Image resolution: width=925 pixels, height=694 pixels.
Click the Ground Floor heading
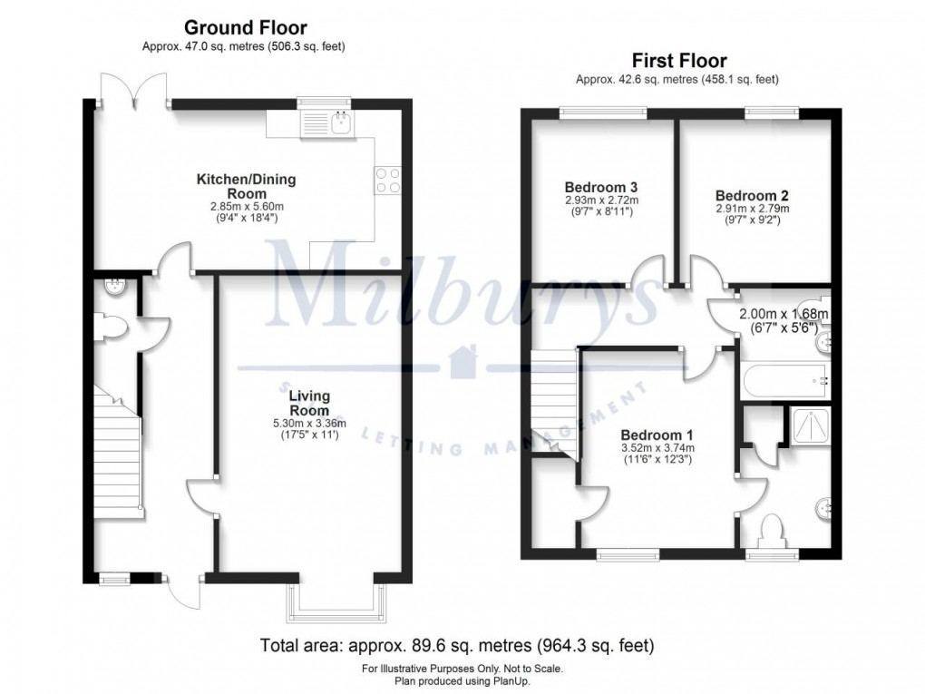246,28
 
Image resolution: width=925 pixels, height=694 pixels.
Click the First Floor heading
678,61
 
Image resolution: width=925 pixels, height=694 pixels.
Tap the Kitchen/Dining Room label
247,187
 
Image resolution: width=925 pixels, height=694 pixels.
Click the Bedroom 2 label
745,195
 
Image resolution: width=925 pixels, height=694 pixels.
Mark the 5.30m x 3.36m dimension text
309,423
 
